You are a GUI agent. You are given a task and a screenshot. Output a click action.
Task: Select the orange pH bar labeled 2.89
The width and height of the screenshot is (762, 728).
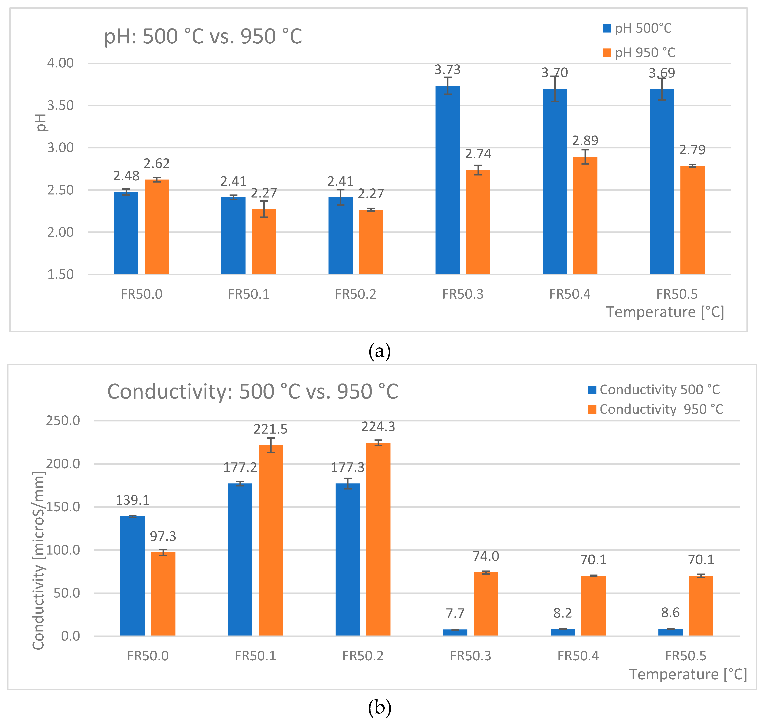pyautogui.click(x=585, y=215)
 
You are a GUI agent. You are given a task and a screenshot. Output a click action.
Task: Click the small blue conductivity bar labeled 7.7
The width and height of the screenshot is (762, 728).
pyautogui.click(x=455, y=632)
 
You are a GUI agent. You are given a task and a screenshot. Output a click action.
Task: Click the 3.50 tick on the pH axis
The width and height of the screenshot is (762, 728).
pyautogui.click(x=60, y=105)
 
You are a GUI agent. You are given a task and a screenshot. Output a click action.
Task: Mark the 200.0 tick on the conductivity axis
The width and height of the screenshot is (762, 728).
pyautogui.click(x=63, y=464)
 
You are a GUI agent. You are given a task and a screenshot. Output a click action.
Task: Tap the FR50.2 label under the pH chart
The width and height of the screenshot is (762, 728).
pyautogui.click(x=355, y=294)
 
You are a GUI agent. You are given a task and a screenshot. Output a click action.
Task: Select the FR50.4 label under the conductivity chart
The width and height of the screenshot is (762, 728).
pyautogui.click(x=578, y=656)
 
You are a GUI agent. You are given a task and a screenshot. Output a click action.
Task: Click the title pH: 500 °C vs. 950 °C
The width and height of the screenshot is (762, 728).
pyautogui.click(x=203, y=37)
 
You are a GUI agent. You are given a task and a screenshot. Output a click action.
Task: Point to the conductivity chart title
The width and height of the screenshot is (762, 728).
pyautogui.click(x=253, y=392)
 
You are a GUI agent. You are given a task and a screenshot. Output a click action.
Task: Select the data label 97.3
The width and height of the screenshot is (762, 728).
pyautogui.click(x=163, y=536)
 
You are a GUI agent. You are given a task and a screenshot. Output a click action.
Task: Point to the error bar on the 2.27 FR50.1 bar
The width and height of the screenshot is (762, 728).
pyautogui.click(x=264, y=209)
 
